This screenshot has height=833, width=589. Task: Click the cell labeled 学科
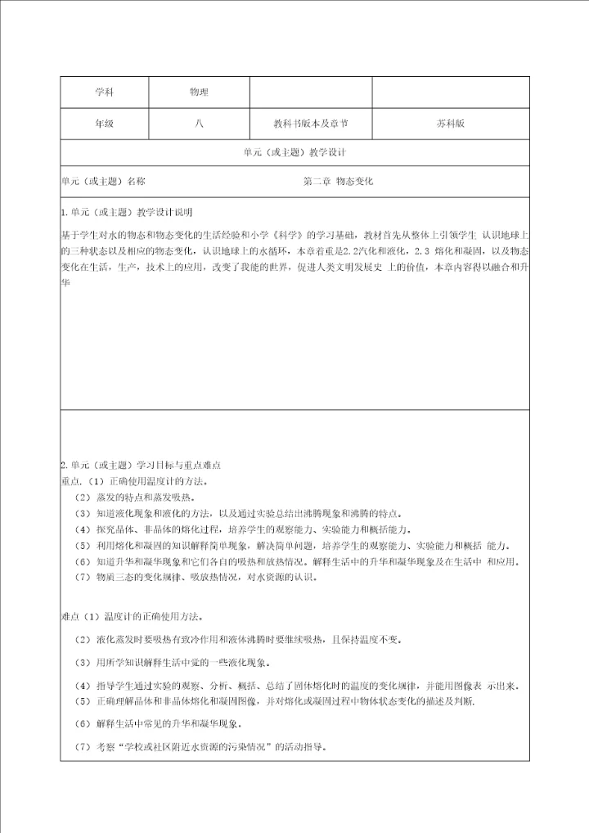pos(104,92)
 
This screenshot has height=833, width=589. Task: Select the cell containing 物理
pos(199,92)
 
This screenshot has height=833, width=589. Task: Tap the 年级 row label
pos(104,124)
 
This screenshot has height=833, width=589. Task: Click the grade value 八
pos(199,124)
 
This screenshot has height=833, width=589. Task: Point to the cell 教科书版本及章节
pos(311,124)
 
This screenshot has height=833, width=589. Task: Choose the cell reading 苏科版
pos(451,124)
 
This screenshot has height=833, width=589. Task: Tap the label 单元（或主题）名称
pos(104,181)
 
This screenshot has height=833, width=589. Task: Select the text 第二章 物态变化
pos(338,181)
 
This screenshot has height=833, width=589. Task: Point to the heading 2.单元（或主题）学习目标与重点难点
pos(141,464)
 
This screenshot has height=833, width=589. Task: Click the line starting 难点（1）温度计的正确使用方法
pos(132,616)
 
